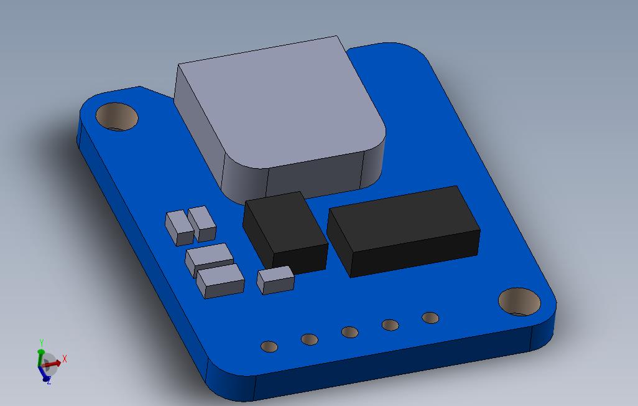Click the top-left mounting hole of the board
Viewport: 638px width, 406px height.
(x=117, y=116)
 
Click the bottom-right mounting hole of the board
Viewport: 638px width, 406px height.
(x=520, y=301)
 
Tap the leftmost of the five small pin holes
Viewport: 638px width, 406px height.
(x=269, y=347)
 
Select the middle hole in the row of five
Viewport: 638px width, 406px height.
(x=350, y=333)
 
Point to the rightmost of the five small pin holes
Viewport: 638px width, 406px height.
(x=430, y=318)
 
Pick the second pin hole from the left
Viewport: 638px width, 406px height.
(x=310, y=339)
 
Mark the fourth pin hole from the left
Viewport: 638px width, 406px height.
(x=391, y=325)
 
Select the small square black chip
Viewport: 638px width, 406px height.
(x=285, y=232)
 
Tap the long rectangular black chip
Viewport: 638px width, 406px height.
(x=404, y=231)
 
